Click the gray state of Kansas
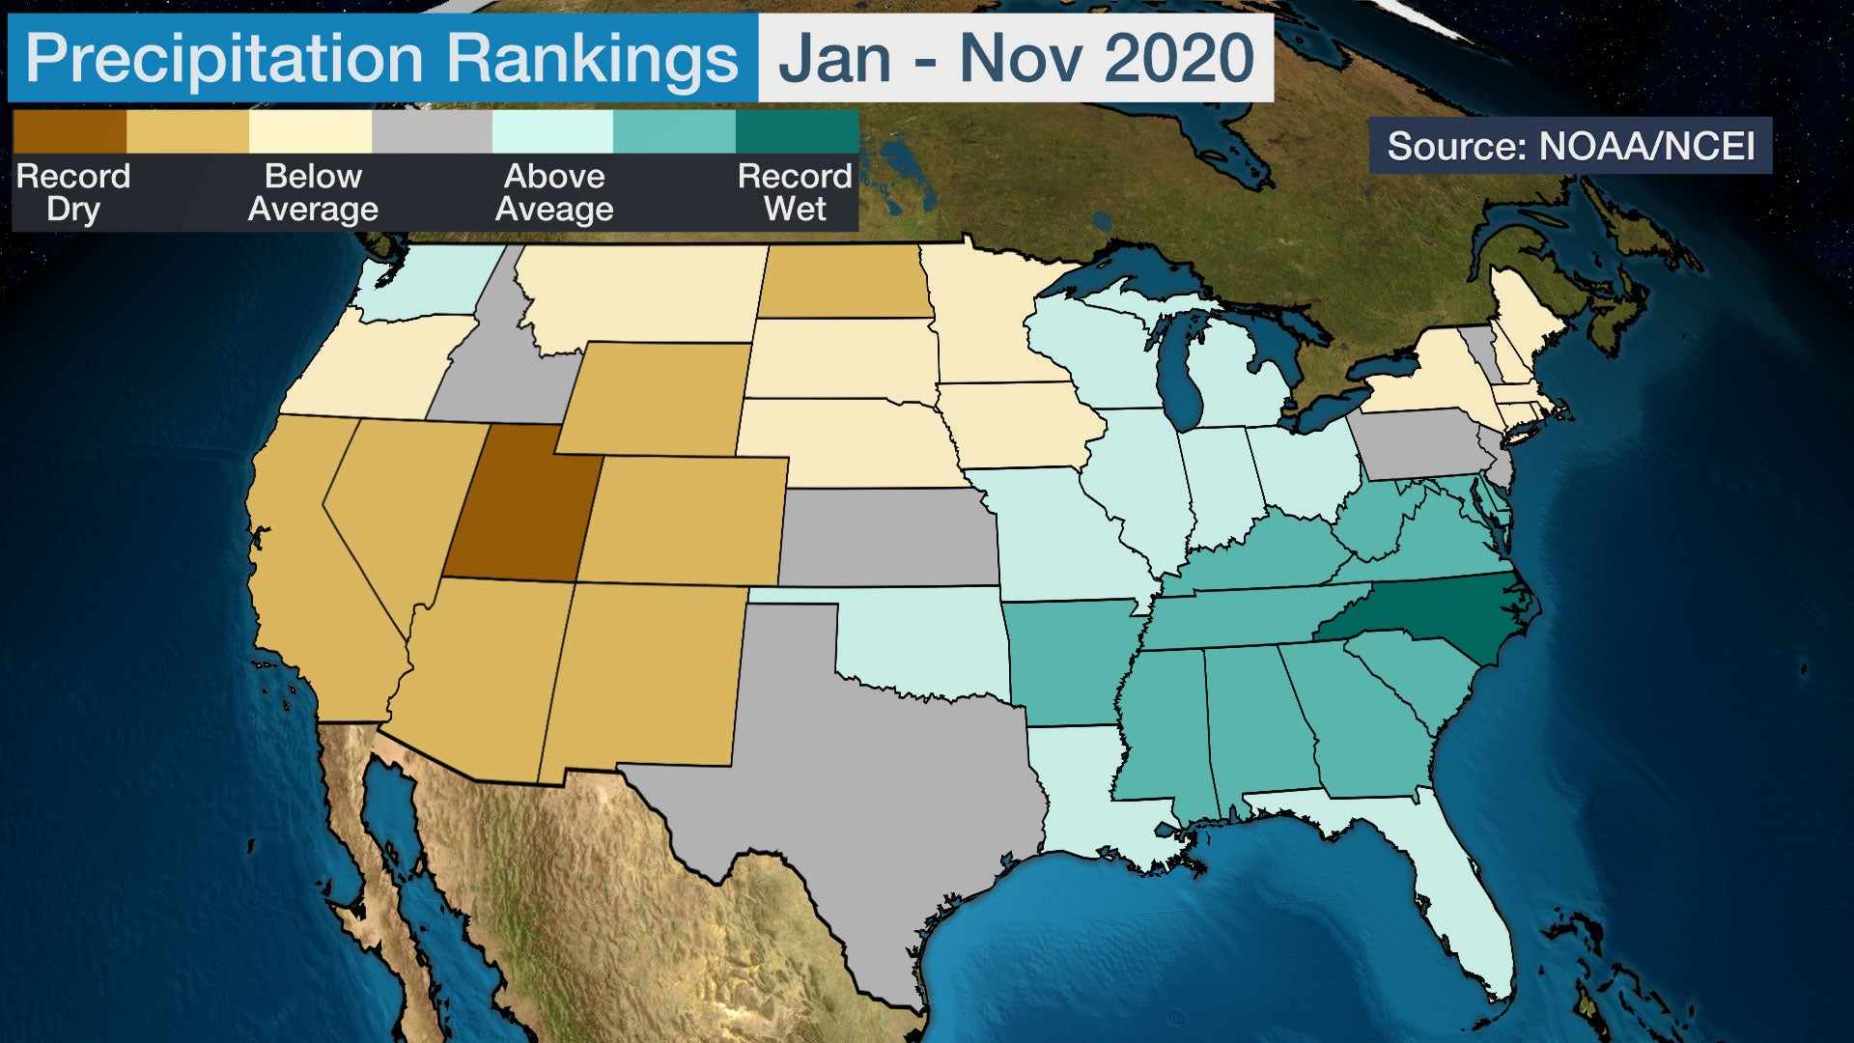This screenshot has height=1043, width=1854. (888, 537)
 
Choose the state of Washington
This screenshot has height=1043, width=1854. (430, 280)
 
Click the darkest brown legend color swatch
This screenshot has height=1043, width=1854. (70, 131)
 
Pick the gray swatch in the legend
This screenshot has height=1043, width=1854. (432, 131)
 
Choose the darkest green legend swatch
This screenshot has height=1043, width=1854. (797, 131)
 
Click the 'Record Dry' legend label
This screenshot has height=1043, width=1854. (73, 192)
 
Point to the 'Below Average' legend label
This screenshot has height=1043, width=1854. (313, 192)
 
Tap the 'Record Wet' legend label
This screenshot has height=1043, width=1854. (795, 192)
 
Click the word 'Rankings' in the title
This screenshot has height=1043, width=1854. (592, 58)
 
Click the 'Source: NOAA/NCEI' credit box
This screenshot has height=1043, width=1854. (1570, 146)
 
